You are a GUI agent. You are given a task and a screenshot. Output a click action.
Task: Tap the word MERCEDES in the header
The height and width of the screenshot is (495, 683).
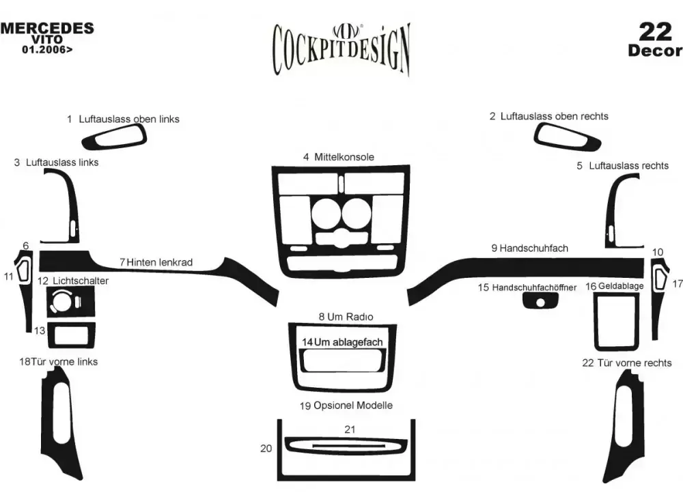(x=47, y=28)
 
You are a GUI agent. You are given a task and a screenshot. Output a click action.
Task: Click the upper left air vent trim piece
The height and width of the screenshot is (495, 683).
(x=115, y=139)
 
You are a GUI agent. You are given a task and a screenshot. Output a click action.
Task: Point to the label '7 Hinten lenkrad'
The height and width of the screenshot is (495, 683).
(x=156, y=262)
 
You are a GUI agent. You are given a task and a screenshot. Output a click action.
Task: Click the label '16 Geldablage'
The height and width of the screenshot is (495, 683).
(x=615, y=286)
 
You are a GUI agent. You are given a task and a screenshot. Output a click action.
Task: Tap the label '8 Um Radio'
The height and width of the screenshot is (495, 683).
(x=346, y=317)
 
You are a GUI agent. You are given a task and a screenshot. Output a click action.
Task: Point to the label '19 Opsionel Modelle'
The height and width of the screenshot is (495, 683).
(x=346, y=406)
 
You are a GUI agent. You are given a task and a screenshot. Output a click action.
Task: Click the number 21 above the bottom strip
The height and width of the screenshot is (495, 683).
(x=350, y=429)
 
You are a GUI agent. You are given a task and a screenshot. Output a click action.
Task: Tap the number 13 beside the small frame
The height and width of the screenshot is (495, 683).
(x=40, y=330)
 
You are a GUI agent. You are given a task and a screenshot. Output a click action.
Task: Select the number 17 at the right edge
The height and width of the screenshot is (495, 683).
(x=677, y=283)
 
